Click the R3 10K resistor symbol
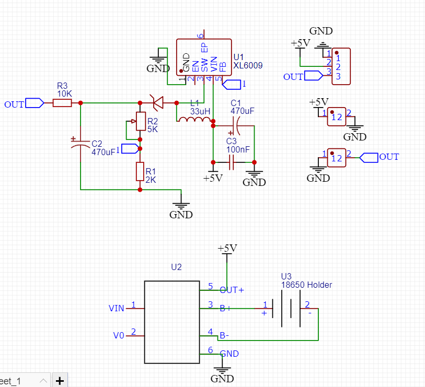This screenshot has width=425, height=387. click(x=62, y=103)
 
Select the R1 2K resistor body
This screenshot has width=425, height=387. click(x=140, y=171)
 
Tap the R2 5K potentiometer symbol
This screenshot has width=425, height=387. click(x=140, y=121)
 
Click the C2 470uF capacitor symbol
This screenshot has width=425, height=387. click(x=80, y=144)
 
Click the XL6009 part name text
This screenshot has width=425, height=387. click(x=248, y=66)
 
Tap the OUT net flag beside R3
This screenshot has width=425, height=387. click(x=34, y=103)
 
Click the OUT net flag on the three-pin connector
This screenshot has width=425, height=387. click(x=313, y=76)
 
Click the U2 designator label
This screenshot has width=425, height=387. click(x=176, y=267)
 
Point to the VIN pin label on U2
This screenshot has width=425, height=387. click(x=116, y=308)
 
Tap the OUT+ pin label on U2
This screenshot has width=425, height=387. click(x=232, y=290)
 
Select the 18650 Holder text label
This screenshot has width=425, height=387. click(x=306, y=285)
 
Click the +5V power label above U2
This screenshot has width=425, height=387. click(x=227, y=248)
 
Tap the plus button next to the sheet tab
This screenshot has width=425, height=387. click(x=60, y=381)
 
